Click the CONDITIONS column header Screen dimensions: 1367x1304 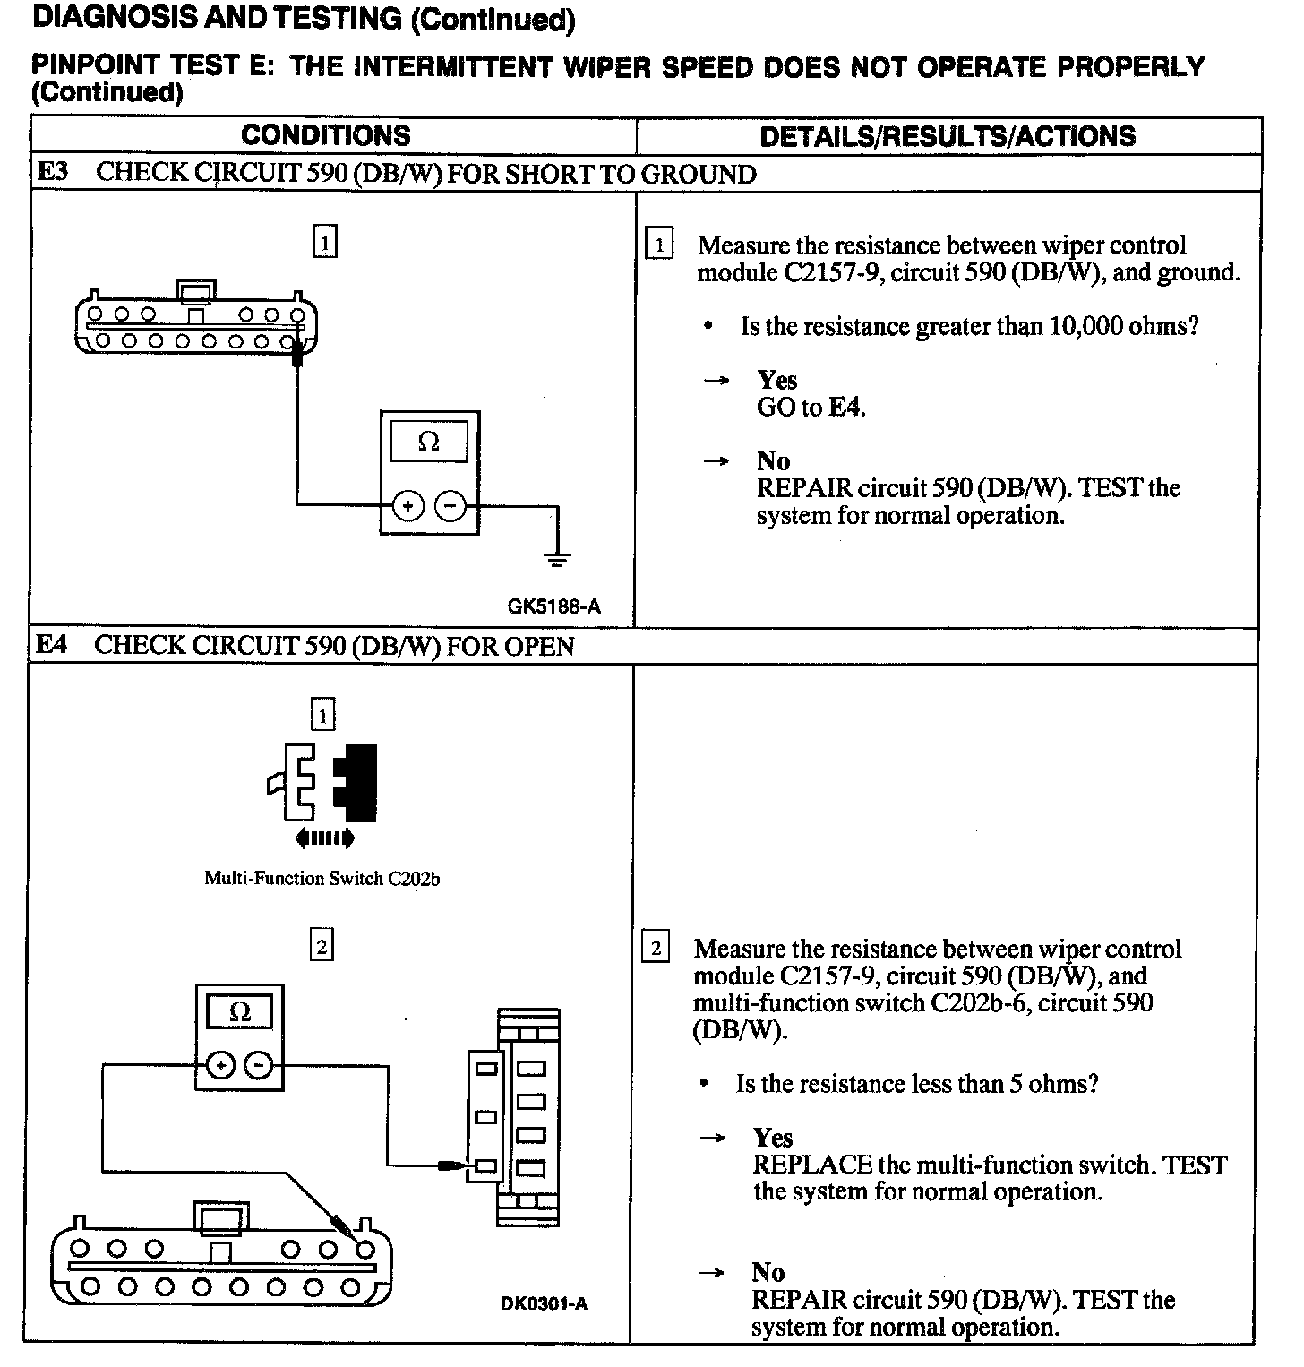pos(325,135)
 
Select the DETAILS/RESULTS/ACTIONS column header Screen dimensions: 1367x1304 pos(947,136)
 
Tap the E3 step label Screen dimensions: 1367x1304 pos(53,172)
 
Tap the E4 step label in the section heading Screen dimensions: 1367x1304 pos(52,645)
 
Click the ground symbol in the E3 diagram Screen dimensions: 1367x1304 pos(557,560)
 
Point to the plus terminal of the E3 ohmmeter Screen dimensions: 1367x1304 pos(407,507)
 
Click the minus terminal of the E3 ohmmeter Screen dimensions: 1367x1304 pos(450,507)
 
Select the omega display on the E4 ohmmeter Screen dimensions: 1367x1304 pos(239,1012)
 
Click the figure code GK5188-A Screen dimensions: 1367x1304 pos(553,606)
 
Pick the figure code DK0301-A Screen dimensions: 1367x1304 pos(544,1303)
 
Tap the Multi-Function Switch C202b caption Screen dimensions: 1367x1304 pos(322,878)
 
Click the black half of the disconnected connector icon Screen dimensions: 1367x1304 pos(358,781)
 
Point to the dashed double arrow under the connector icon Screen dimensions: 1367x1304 pos(324,838)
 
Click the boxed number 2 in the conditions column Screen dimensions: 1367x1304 pos(322,946)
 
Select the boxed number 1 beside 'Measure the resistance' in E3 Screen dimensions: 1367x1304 pos(659,245)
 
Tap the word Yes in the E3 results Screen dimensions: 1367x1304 pos(776,380)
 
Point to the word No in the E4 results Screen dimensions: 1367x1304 pos(768,1272)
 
